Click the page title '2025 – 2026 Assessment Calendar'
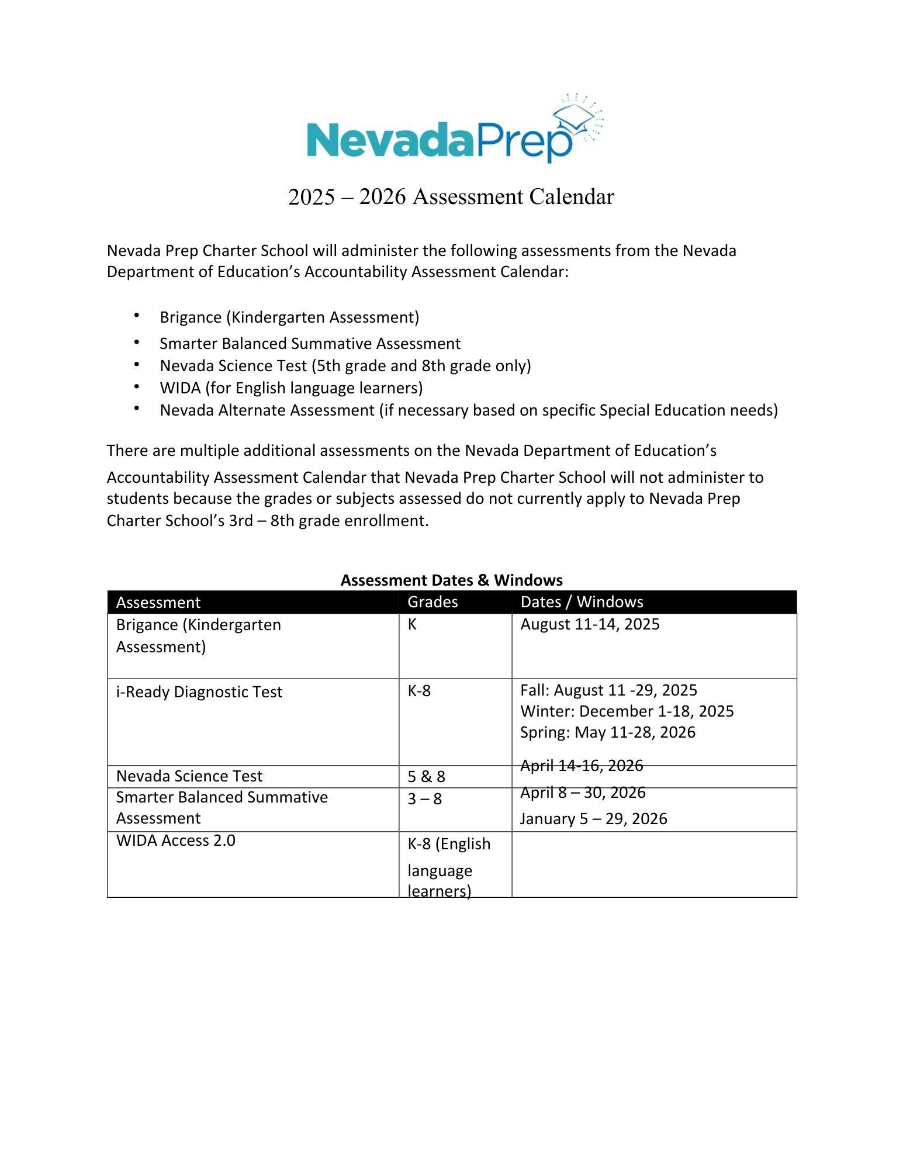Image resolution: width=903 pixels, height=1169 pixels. [451, 197]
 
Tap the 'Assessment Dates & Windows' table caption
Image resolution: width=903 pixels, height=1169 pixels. [451, 580]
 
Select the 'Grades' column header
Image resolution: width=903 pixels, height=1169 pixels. [433, 601]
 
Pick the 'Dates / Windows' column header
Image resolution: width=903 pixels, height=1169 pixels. [582, 601]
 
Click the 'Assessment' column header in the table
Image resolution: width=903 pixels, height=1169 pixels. [158, 602]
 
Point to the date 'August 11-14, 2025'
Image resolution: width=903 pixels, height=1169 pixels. [590, 624]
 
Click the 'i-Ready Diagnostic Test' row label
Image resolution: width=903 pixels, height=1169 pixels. [199, 692]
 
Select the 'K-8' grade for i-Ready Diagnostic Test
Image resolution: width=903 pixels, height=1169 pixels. [419, 691]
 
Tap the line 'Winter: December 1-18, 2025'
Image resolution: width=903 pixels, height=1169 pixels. [627, 711]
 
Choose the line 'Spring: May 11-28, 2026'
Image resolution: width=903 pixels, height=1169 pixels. [608, 732]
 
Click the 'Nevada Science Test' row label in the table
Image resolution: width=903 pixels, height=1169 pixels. [189, 776]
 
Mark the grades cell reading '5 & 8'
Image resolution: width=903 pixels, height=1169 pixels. [426, 777]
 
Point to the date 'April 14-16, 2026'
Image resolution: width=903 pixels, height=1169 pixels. [582, 766]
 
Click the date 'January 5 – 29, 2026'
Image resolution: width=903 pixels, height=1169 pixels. [593, 819]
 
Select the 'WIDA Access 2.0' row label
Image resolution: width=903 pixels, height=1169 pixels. [175, 841]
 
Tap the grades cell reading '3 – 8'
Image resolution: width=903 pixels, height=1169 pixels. [425, 799]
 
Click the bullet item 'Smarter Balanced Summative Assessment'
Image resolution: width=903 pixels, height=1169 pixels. [310, 344]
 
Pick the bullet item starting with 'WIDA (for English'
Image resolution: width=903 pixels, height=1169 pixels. [291, 388]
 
